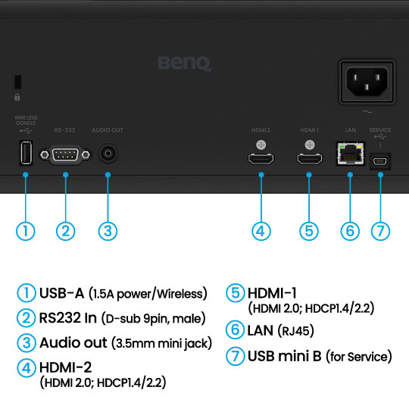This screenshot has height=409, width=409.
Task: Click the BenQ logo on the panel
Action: [184, 63]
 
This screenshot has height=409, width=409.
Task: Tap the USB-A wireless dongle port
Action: [26, 152]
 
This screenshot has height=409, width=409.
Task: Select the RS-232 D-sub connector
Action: [65, 155]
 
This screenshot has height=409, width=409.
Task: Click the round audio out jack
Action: [108, 153]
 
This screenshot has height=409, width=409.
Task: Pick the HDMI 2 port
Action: [261, 159]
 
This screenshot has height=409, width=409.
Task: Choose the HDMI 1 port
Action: [309, 159]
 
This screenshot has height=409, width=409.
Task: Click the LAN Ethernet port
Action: [351, 154]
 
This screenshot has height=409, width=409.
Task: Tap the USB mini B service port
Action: [380, 162]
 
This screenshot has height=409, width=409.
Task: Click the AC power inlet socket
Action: [367, 82]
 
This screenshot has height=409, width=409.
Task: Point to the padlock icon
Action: [17, 97]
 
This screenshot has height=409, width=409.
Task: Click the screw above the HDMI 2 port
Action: [261, 145]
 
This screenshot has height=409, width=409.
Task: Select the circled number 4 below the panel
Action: [261, 231]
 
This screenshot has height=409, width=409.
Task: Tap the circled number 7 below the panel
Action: [380, 231]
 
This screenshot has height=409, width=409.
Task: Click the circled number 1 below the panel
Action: [26, 231]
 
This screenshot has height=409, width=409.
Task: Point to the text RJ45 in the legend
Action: [295, 331]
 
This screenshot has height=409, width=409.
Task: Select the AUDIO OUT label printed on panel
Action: [108, 130]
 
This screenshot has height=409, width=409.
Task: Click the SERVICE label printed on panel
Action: [380, 130]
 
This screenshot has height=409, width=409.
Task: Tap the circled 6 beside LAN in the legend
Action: [235, 330]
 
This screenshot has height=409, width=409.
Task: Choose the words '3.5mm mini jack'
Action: [162, 343]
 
